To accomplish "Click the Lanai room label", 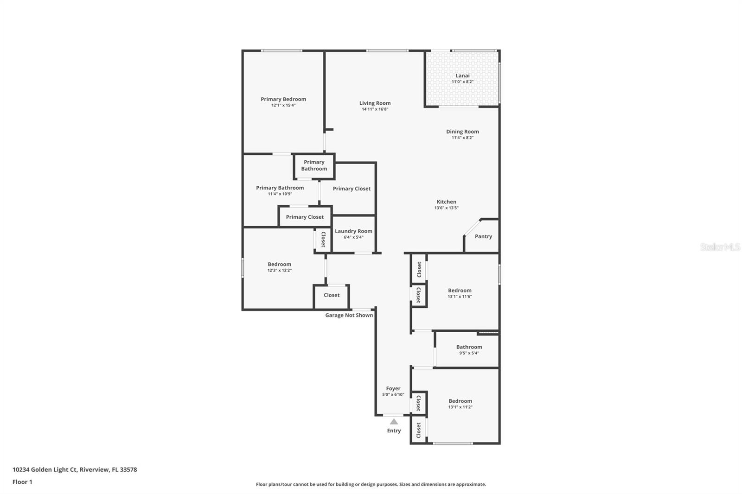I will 462,76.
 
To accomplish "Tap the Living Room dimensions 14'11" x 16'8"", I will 375,109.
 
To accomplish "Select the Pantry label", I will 483,236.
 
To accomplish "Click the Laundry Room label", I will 353,231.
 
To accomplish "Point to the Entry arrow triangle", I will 394,422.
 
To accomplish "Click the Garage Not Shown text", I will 349,315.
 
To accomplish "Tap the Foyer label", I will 393,389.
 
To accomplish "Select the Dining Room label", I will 462,132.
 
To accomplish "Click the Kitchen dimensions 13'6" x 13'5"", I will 446,208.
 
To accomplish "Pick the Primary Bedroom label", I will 283,99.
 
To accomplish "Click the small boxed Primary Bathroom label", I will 314,165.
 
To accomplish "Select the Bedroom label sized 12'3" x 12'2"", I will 279,264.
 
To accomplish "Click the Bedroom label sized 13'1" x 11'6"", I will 460,291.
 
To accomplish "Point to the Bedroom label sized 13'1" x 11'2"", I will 460,401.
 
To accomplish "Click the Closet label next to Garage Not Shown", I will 332,295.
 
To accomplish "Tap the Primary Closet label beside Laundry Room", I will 305,217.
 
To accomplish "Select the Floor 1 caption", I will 22,482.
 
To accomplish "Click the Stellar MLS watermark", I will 720,247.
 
